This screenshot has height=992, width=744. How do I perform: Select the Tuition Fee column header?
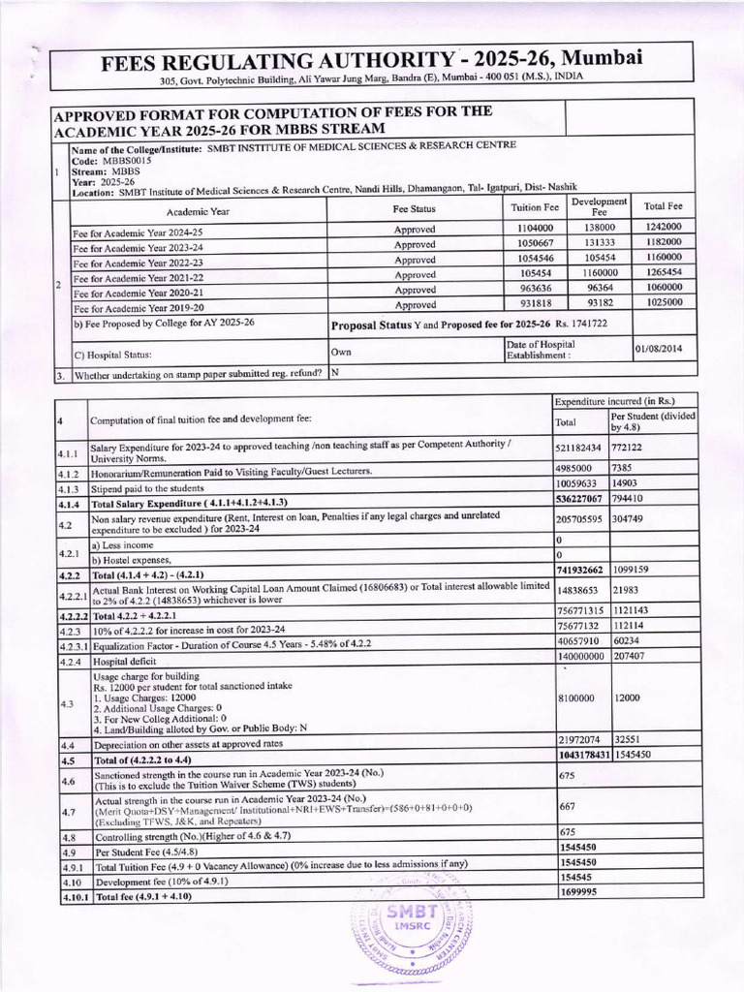[535, 208]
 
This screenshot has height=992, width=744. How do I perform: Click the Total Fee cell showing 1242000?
[665, 228]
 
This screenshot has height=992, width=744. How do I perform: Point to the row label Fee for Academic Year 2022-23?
[138, 262]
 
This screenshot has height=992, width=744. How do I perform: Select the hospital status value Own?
[341, 352]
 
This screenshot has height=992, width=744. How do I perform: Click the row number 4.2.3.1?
[73, 641]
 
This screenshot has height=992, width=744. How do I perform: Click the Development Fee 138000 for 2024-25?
[599, 228]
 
